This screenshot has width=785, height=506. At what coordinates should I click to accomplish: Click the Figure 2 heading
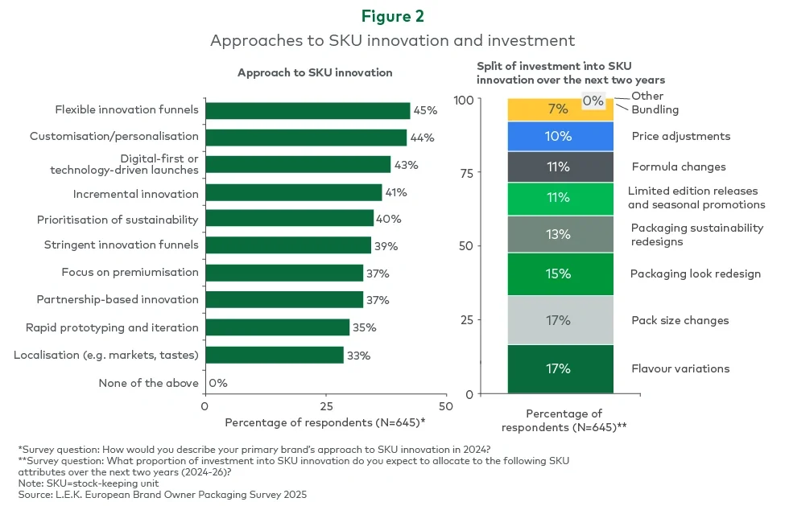click(392, 16)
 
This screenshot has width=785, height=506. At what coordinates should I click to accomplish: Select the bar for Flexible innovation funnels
click(308, 110)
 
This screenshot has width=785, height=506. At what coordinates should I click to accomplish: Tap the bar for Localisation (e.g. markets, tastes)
click(275, 355)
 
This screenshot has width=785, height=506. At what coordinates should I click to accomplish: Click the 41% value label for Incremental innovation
click(395, 193)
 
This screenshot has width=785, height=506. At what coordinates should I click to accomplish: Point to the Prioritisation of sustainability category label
click(118, 220)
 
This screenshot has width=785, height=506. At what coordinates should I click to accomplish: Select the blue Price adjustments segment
click(560, 137)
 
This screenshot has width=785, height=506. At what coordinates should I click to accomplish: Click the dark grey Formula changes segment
click(560, 167)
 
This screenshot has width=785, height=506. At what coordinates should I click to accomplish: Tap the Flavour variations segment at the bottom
click(560, 369)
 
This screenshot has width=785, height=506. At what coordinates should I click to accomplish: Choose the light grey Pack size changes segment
click(560, 320)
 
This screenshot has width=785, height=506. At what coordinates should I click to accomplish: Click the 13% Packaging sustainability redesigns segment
click(560, 234)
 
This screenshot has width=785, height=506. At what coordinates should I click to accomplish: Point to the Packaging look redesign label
click(695, 274)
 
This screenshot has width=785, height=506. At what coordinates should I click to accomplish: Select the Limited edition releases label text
click(692, 191)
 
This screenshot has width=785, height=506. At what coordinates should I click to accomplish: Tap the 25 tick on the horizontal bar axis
click(325, 406)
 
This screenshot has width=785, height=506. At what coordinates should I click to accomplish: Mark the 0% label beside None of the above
click(218, 383)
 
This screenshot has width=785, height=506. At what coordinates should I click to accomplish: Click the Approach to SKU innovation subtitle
click(315, 72)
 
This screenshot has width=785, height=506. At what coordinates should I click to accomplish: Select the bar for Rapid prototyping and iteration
click(277, 327)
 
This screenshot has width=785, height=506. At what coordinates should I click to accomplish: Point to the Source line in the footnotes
click(162, 494)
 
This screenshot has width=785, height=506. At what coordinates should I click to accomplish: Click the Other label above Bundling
click(647, 96)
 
